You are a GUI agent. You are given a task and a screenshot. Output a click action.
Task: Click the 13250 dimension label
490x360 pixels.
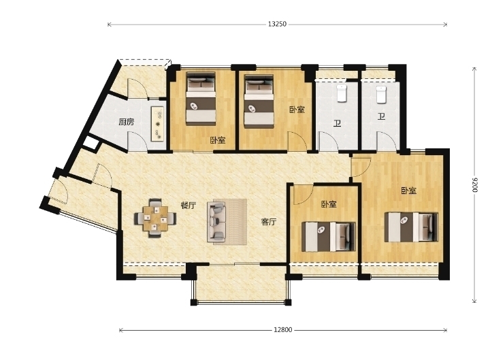(x=277, y=24)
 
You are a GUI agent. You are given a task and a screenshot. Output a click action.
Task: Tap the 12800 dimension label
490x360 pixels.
(x=283, y=329)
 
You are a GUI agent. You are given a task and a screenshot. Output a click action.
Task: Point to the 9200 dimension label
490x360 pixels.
(x=475, y=185)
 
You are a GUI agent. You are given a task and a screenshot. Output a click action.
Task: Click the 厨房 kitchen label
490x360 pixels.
(x=127, y=122)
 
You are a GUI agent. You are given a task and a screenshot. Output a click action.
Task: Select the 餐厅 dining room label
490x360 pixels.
(x=189, y=206)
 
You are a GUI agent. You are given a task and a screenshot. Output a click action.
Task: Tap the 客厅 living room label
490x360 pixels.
(x=268, y=222)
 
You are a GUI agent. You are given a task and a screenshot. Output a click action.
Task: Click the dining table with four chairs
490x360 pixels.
(x=156, y=218)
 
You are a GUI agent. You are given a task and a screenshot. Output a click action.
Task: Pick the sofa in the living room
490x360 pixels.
(x=216, y=222)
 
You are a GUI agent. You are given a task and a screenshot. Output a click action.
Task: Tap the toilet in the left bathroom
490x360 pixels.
(x=342, y=93)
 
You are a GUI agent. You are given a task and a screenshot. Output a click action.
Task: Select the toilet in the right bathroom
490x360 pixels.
(x=381, y=95)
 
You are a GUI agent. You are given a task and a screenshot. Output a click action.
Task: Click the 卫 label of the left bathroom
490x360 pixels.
(x=337, y=123)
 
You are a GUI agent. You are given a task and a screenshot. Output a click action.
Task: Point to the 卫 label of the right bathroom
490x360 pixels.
(x=381, y=116)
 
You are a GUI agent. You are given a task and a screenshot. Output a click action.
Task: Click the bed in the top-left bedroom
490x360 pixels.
(x=201, y=99)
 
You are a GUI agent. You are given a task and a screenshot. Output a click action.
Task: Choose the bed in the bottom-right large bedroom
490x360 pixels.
(x=411, y=227)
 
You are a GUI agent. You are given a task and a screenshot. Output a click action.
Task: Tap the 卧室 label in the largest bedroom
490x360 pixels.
(x=409, y=191)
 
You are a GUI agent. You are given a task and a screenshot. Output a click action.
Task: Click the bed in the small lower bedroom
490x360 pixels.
(x=329, y=237)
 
